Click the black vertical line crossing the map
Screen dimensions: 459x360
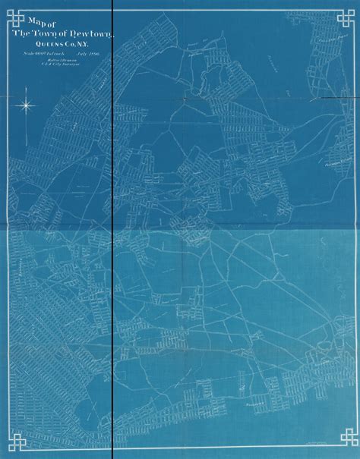(112, 228)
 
